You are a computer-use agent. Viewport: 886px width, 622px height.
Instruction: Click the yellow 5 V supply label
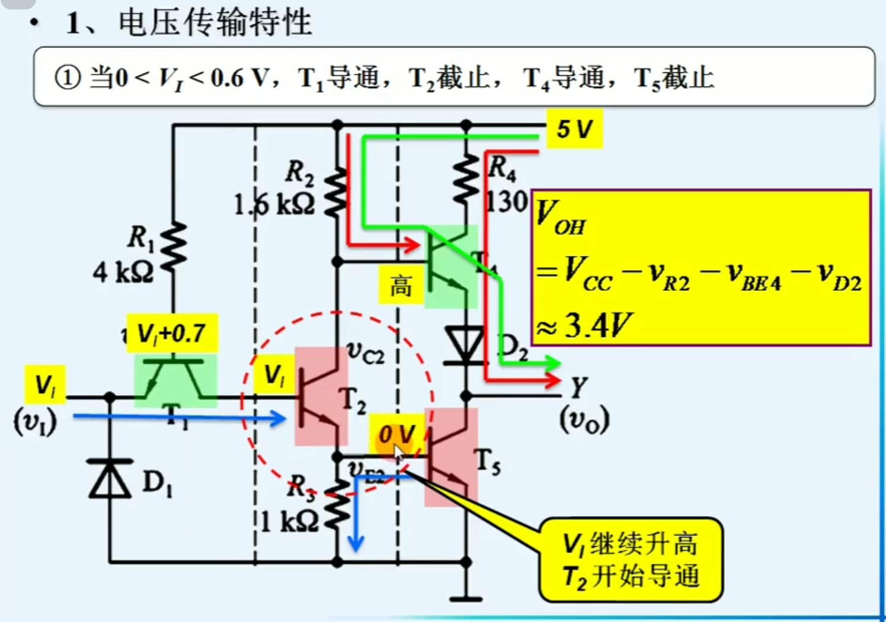pyautogui.click(x=574, y=129)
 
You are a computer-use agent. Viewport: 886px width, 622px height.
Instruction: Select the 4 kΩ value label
pyautogui.click(x=123, y=272)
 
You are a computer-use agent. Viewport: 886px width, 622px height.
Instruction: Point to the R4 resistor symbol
pyautogui.click(x=466, y=178)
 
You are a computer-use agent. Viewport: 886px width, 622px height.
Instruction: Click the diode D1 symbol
pyautogui.click(x=110, y=479)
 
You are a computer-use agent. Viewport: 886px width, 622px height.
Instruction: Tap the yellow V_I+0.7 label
pyautogui.click(x=172, y=334)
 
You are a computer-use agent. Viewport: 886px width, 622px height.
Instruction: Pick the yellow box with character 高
pyautogui.click(x=401, y=286)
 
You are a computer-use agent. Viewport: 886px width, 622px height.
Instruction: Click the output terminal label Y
pyautogui.click(x=579, y=388)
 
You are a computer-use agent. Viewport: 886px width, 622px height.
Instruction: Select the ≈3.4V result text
pyautogui.click(x=584, y=325)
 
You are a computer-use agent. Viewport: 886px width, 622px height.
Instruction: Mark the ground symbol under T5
pyautogui.click(x=466, y=598)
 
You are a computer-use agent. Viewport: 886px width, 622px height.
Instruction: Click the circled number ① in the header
pyautogui.click(x=68, y=78)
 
